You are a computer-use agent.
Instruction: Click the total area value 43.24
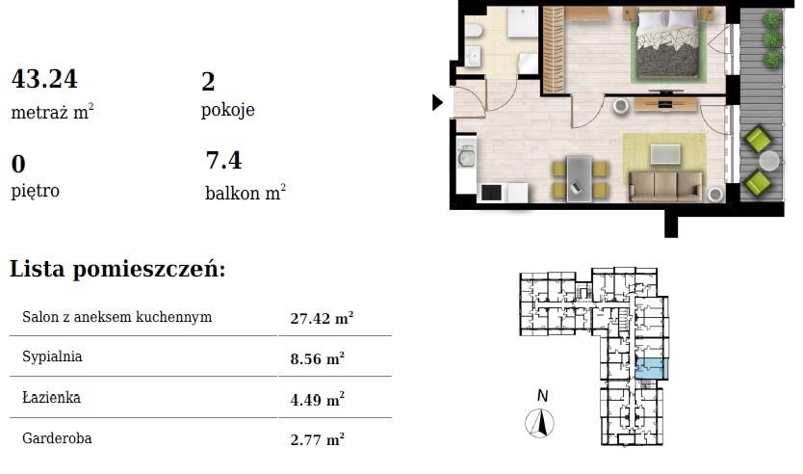[44, 79]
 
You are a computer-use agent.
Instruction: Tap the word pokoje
[228, 110]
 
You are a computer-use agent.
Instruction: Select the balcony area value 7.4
[223, 160]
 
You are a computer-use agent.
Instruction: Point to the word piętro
[36, 191]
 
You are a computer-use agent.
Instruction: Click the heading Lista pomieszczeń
[117, 269]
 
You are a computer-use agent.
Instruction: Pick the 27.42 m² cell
[323, 318]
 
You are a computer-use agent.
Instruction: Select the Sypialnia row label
[52, 356]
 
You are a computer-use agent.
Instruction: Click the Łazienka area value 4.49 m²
[318, 399]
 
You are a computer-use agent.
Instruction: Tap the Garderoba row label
[57, 438]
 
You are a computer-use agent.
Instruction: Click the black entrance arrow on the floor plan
[437, 102]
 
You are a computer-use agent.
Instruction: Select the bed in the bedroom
[668, 43]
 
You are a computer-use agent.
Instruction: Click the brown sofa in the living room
[665, 186]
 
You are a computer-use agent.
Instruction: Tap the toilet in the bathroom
[474, 32]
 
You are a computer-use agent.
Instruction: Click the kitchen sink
[466, 156]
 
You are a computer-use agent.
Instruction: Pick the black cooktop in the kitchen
[492, 193]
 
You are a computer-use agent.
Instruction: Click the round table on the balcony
[769, 160]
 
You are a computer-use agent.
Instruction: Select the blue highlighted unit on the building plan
[651, 369]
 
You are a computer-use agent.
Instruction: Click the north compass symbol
[539, 423]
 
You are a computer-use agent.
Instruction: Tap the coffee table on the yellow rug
[665, 154]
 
